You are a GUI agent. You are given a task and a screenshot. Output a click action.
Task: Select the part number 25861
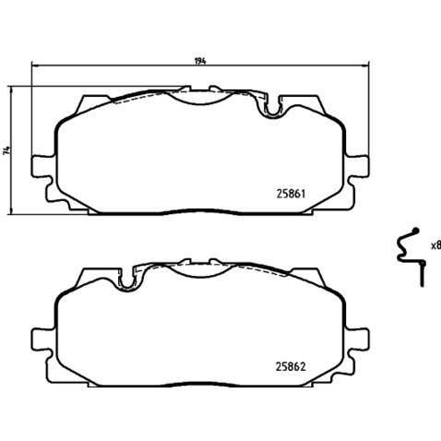click(x=292, y=194)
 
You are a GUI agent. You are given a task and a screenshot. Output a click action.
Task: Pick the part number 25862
click(x=292, y=366)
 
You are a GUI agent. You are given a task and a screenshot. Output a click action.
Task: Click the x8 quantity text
click(x=435, y=245)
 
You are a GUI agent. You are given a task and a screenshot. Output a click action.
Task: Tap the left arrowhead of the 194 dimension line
click(x=35, y=66)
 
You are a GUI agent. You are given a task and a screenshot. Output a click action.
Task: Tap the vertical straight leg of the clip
click(x=423, y=274)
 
